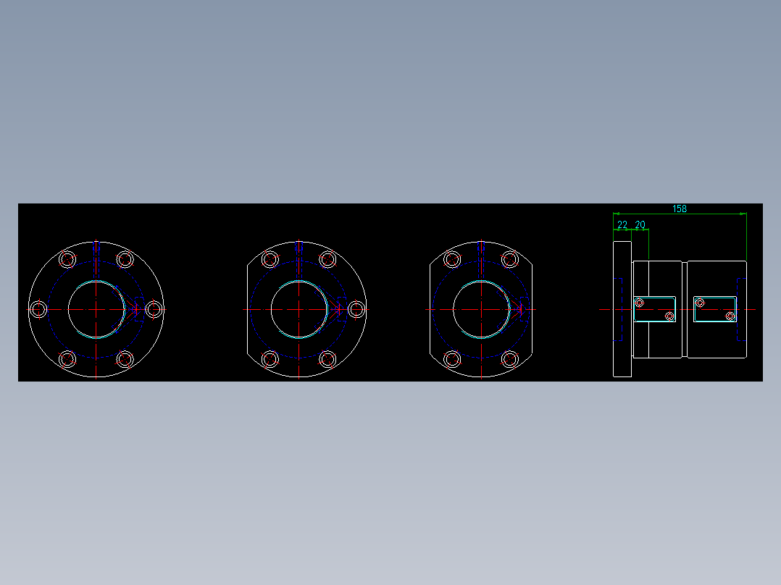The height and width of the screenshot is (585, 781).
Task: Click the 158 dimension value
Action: pos(679,209)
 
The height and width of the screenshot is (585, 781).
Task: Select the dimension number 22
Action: pos(622,225)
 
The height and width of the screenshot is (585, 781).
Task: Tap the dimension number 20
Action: pos(640,225)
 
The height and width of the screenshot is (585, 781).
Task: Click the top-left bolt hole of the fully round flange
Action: pos(67,259)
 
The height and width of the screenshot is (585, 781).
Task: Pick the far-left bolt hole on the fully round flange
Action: pos(39,309)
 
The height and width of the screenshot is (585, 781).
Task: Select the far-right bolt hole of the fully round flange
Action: pos(153,309)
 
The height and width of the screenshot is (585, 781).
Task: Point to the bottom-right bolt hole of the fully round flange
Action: pos(125,358)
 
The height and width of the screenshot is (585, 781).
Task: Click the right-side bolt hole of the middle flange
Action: pos(356,309)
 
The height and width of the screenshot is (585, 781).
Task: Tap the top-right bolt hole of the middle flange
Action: pos(327,259)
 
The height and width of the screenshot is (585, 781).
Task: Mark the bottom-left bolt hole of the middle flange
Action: pos(270,358)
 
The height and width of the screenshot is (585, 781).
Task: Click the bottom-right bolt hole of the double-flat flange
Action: pos(509,358)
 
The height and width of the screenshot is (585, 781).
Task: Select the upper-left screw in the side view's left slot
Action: pos(639,303)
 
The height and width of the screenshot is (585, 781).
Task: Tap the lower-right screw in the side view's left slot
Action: pos(669,316)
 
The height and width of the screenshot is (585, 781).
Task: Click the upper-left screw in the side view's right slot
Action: pos(700,303)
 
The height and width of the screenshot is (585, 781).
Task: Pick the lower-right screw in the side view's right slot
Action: pos(730,316)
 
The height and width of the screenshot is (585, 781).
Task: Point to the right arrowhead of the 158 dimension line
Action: pos(743,214)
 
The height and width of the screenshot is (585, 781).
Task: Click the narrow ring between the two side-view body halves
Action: pos(684,309)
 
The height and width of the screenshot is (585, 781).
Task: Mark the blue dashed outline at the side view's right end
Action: pos(741,309)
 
